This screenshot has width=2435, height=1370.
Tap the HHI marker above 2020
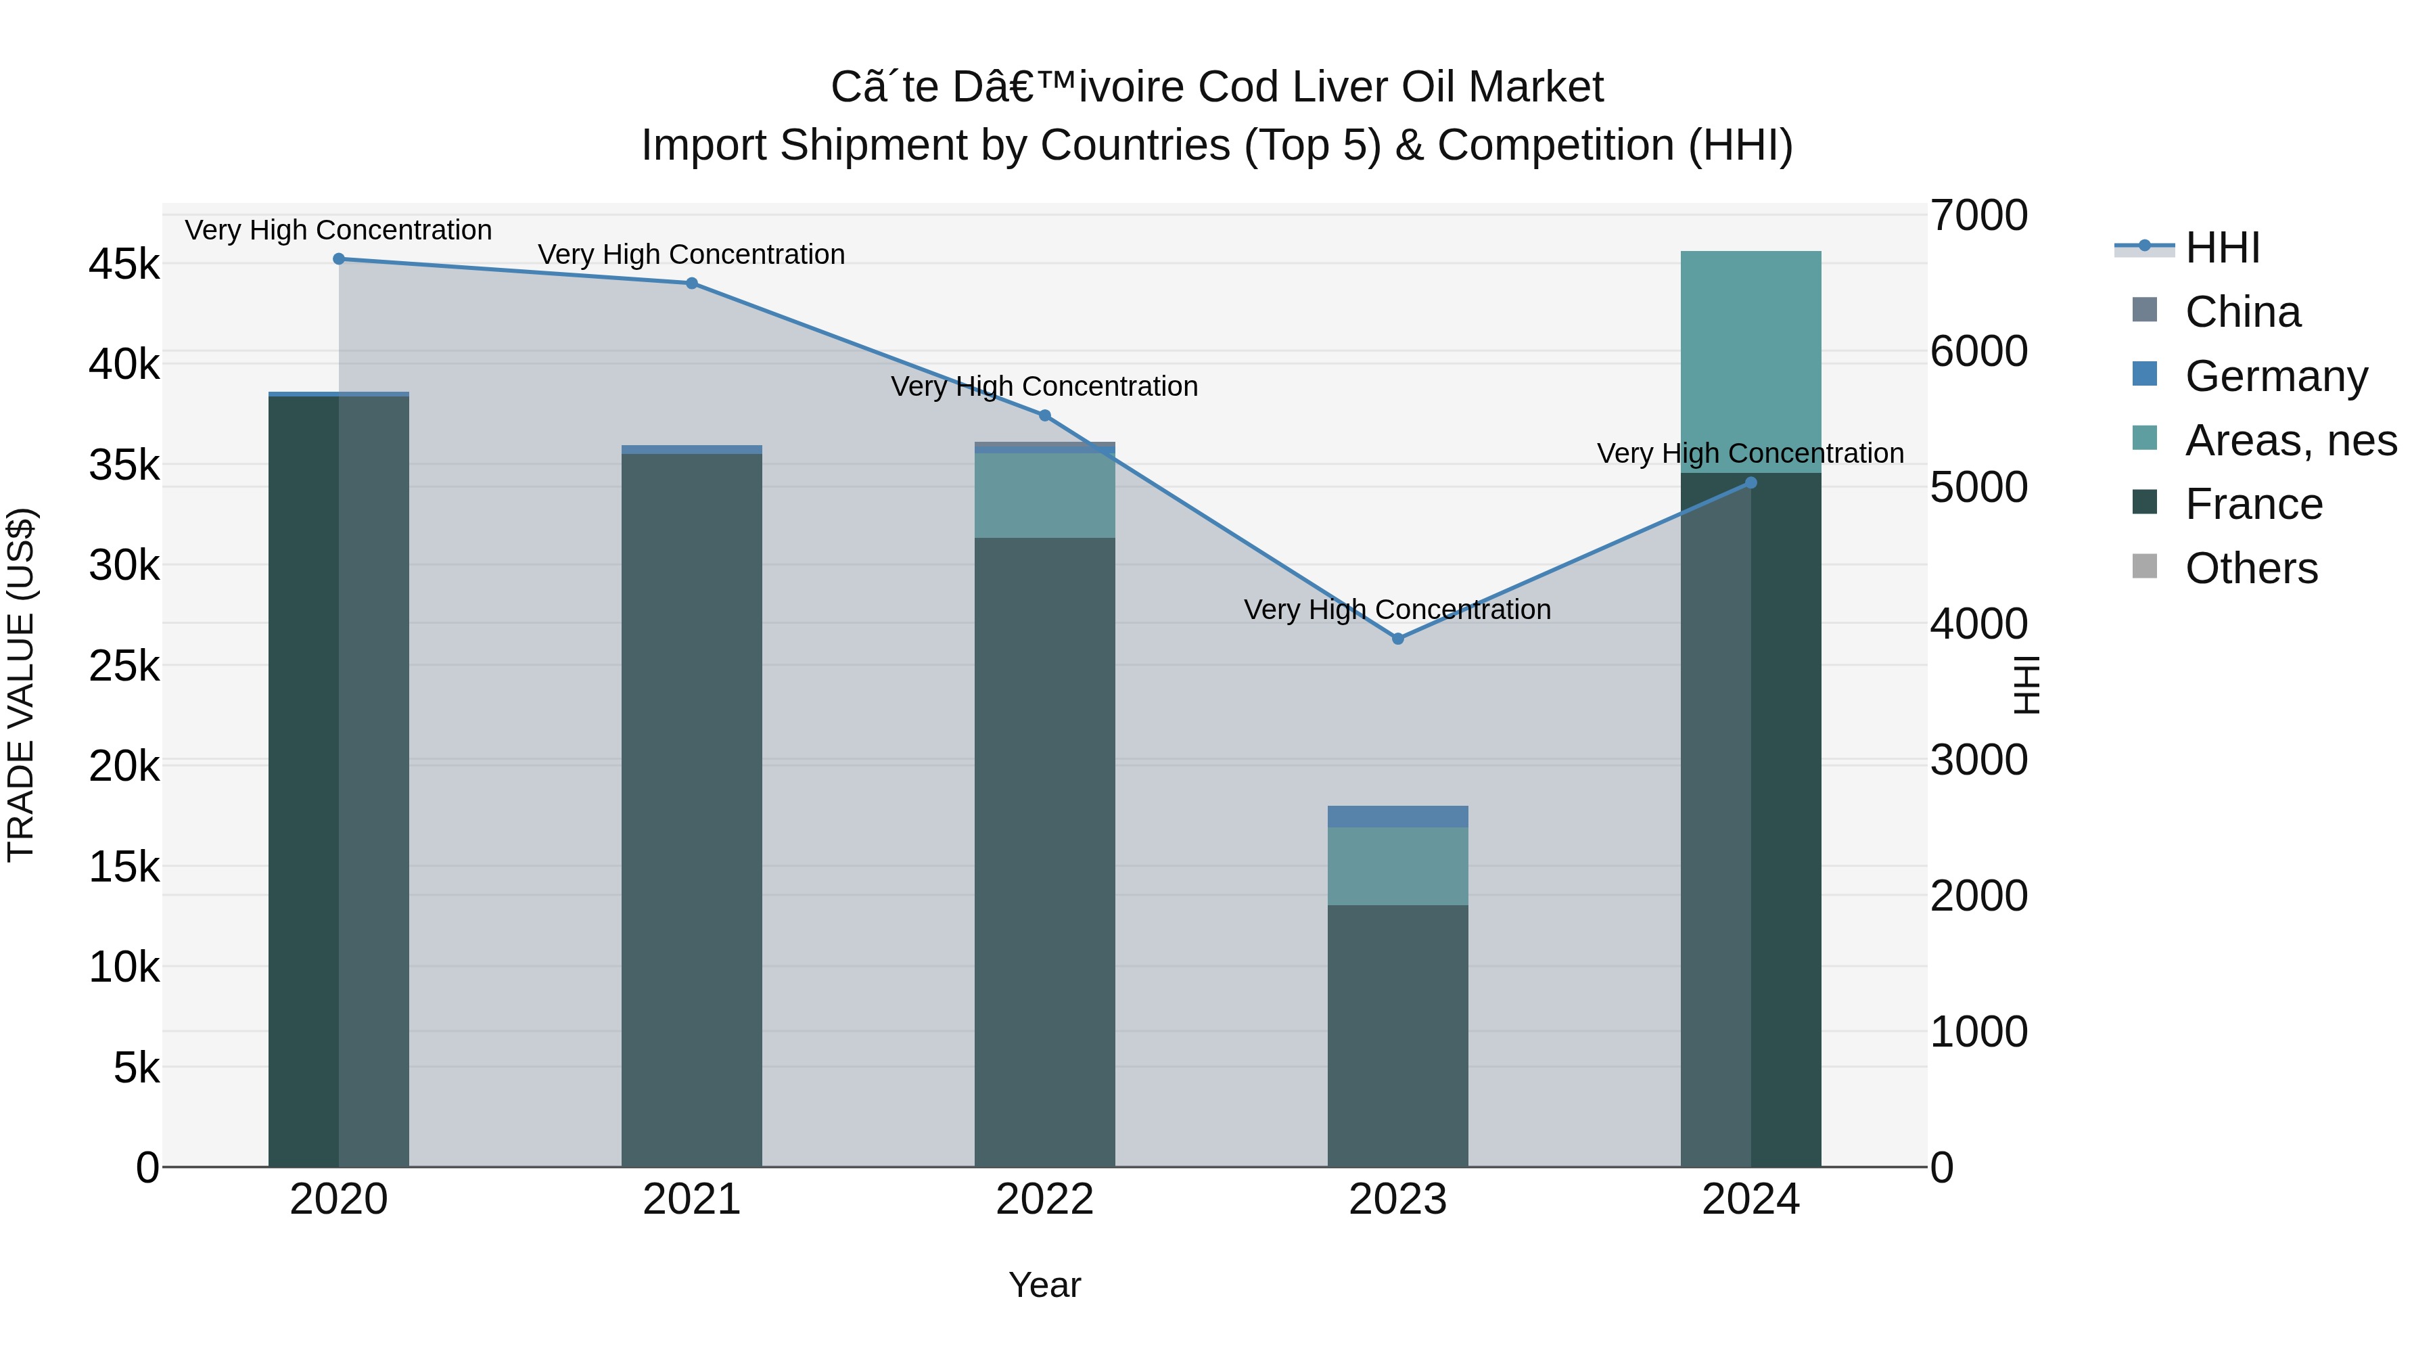pyautogui.click(x=338, y=258)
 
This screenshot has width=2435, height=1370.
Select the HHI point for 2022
pyautogui.click(x=1044, y=415)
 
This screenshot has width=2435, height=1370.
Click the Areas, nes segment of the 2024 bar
pyautogui.click(x=1750, y=361)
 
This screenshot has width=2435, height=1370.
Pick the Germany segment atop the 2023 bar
pyautogui.click(x=1398, y=816)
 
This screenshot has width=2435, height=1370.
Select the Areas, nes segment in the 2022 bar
pyautogui.click(x=1044, y=495)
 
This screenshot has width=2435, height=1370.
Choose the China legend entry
pyautogui.click(x=2242, y=312)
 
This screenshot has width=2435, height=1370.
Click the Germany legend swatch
pyautogui.click(x=2145, y=374)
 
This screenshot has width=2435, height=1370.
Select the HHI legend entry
pyautogui.click(x=2221, y=248)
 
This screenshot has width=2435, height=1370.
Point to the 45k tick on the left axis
pyautogui.click(x=124, y=265)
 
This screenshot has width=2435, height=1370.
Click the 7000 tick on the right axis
pyautogui.click(x=1978, y=216)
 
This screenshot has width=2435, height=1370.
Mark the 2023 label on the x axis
pyautogui.click(x=1397, y=1200)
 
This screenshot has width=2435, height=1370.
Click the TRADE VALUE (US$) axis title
pyautogui.click(x=21, y=685)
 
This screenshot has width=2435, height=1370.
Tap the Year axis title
pyautogui.click(x=1044, y=1285)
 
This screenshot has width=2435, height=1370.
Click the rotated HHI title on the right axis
pyautogui.click(x=2026, y=685)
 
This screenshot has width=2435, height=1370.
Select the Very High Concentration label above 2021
pyautogui.click(x=691, y=254)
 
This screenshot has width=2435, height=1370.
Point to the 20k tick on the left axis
pyautogui.click(x=124, y=767)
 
